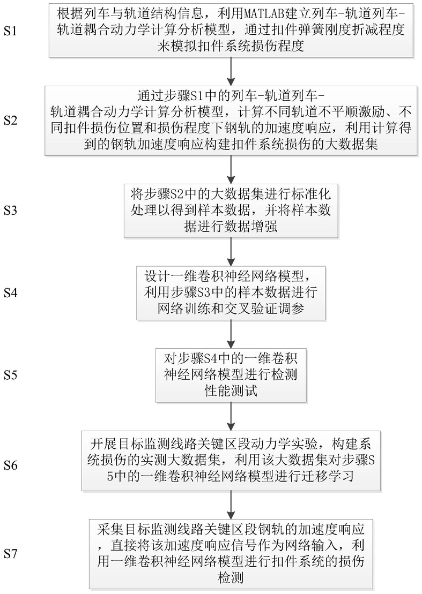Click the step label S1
click(11, 31)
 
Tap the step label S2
click(11, 121)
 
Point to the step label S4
click(11, 293)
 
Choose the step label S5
click(11, 375)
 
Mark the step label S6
click(11, 465)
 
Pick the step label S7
click(11, 554)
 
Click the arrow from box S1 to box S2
click(231, 72)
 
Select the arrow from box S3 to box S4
click(231, 252)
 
